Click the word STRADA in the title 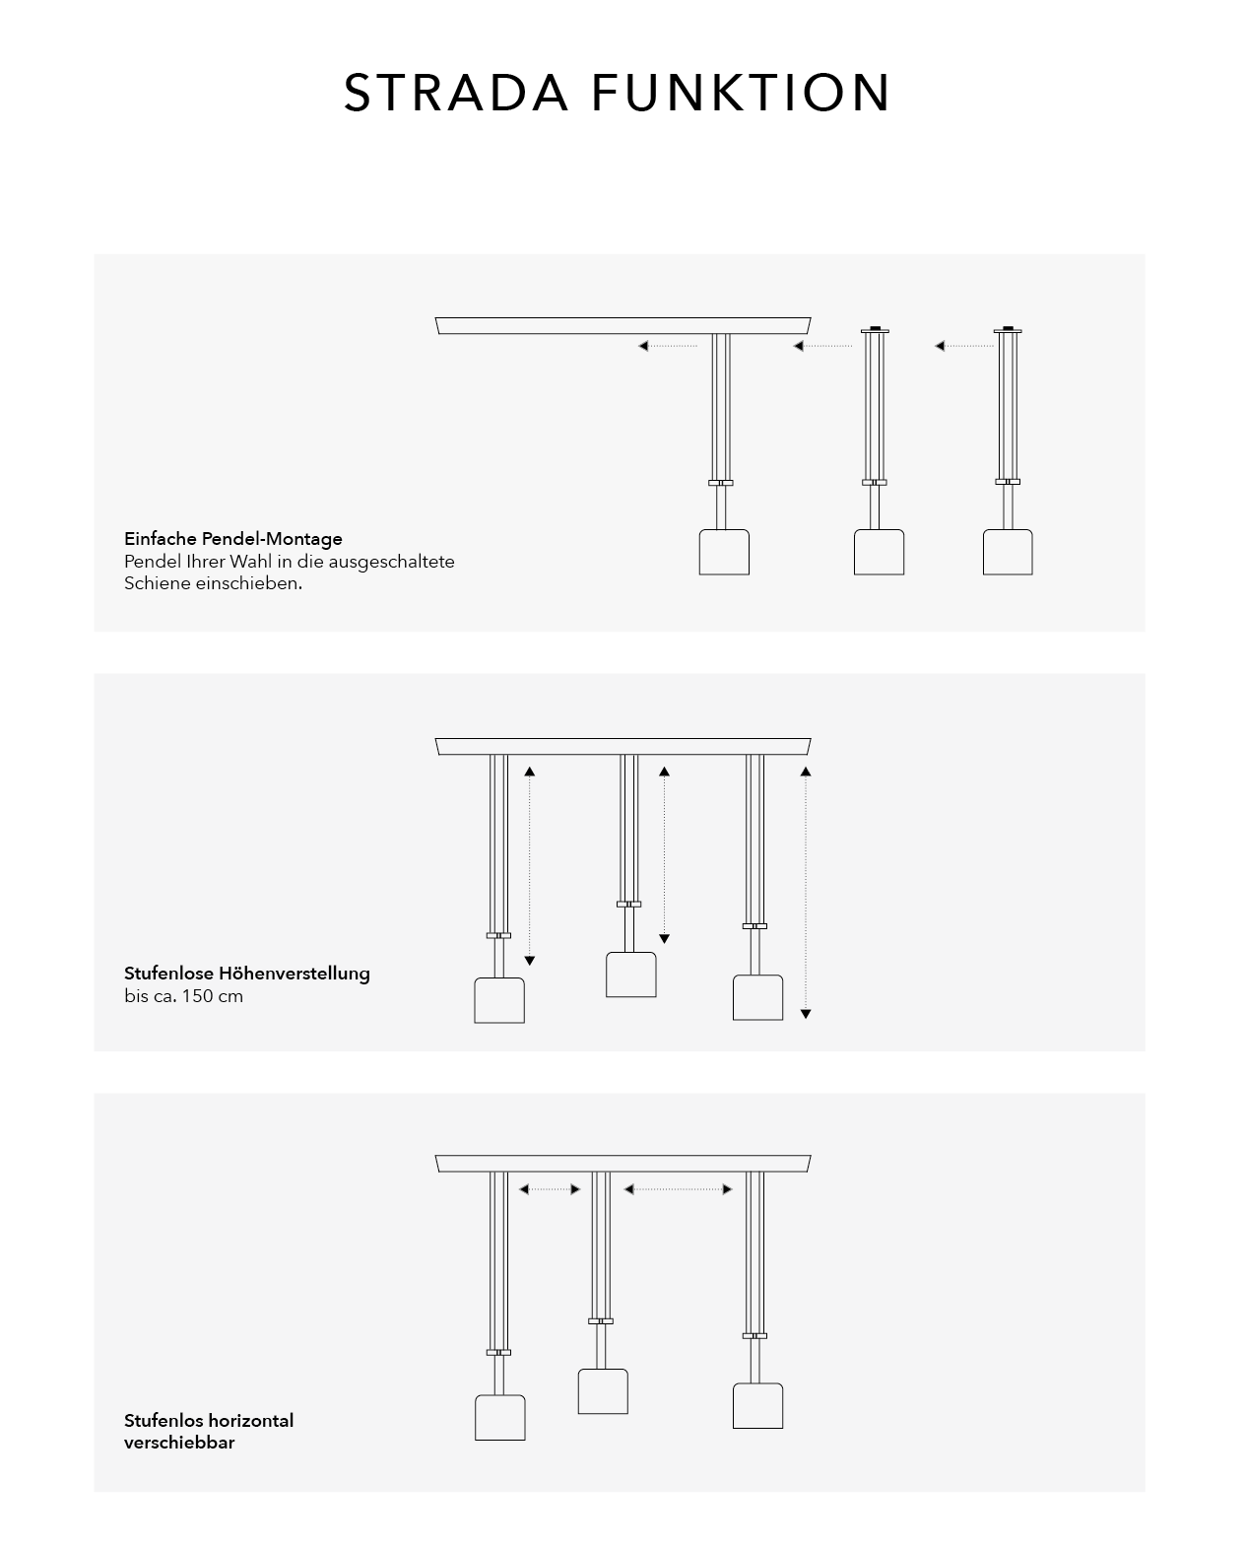(455, 93)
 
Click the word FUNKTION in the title (741, 93)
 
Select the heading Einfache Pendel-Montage (233, 538)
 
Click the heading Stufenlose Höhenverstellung (247, 974)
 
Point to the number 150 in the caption (197, 996)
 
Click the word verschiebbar (179, 1443)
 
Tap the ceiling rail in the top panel (623, 325)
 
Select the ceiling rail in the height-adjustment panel (623, 747)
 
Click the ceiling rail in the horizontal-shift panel (623, 1164)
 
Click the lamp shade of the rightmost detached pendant (1008, 552)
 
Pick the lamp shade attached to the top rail (724, 552)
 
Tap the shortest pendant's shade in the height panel (631, 975)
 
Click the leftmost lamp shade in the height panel (499, 1000)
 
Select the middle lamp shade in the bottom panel (603, 1391)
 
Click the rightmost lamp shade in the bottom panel (757, 1406)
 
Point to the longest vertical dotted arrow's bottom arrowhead (806, 1014)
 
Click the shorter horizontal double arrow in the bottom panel (550, 1189)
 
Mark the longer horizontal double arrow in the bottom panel (678, 1189)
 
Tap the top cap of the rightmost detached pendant (1008, 330)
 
